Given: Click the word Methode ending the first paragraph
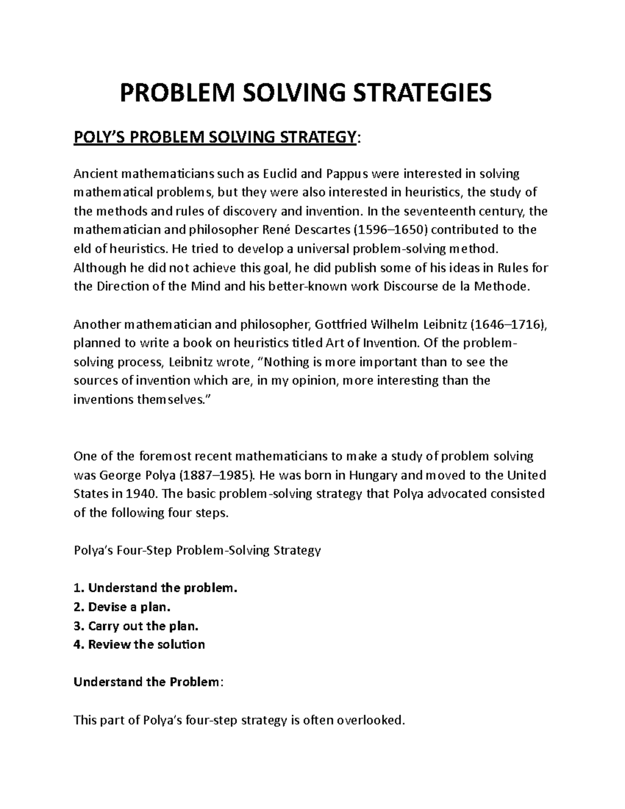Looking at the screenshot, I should tap(504, 287).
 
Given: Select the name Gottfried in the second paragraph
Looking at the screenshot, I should tap(340, 325).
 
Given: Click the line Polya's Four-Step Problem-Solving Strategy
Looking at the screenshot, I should tap(197, 551).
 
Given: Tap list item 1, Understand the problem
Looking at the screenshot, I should tap(155, 588).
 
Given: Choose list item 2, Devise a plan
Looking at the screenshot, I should tap(122, 607).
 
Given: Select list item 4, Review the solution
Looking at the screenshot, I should tap(140, 644).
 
